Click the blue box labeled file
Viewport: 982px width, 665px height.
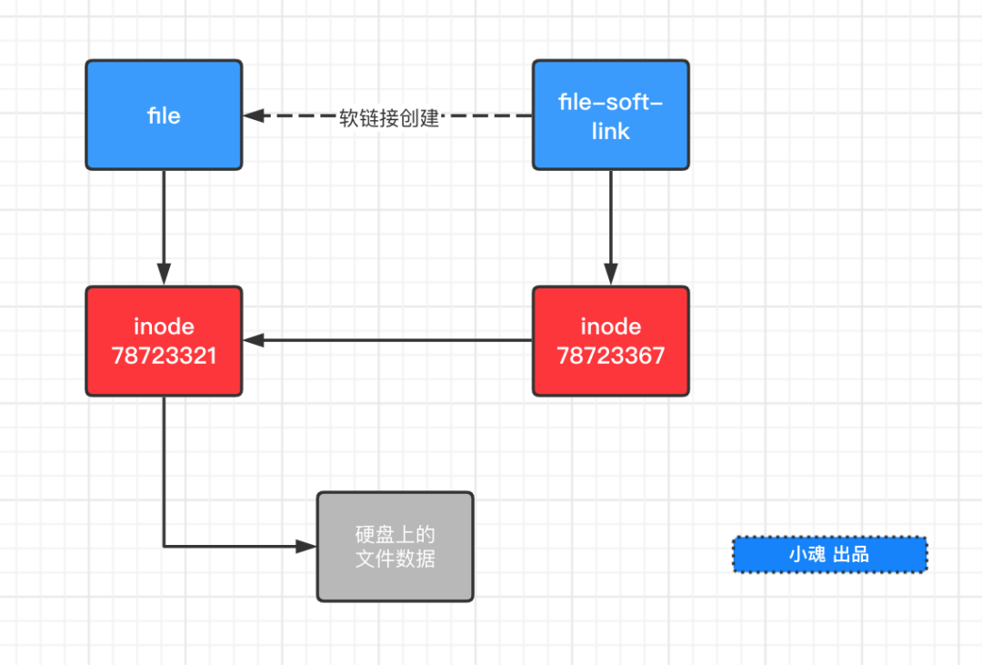coord(164,115)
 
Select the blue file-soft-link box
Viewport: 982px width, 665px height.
coord(610,115)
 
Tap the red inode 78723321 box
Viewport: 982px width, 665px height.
coord(164,341)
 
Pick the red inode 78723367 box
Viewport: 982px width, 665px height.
coord(610,341)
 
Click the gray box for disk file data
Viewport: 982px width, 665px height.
coord(395,547)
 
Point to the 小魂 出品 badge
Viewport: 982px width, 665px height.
coord(829,554)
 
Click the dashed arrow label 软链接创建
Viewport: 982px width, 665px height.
coord(389,117)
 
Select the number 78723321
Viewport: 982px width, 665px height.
coord(164,356)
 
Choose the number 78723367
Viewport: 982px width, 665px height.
coord(610,356)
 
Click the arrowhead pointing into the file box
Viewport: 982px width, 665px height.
coord(253,116)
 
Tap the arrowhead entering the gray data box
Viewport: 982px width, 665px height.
coord(306,547)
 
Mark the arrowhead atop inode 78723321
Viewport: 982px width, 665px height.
coord(164,276)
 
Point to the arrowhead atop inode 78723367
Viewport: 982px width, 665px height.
coord(610,276)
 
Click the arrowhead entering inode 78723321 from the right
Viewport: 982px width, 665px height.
coord(253,341)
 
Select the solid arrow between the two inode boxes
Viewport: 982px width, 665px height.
coord(391,341)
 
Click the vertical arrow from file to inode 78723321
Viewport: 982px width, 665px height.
coord(164,223)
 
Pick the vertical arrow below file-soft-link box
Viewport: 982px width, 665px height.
coord(610,223)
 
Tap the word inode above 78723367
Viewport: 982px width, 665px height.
coord(610,327)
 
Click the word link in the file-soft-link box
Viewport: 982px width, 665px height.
coord(610,131)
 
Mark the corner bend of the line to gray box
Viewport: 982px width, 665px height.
coord(165,547)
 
